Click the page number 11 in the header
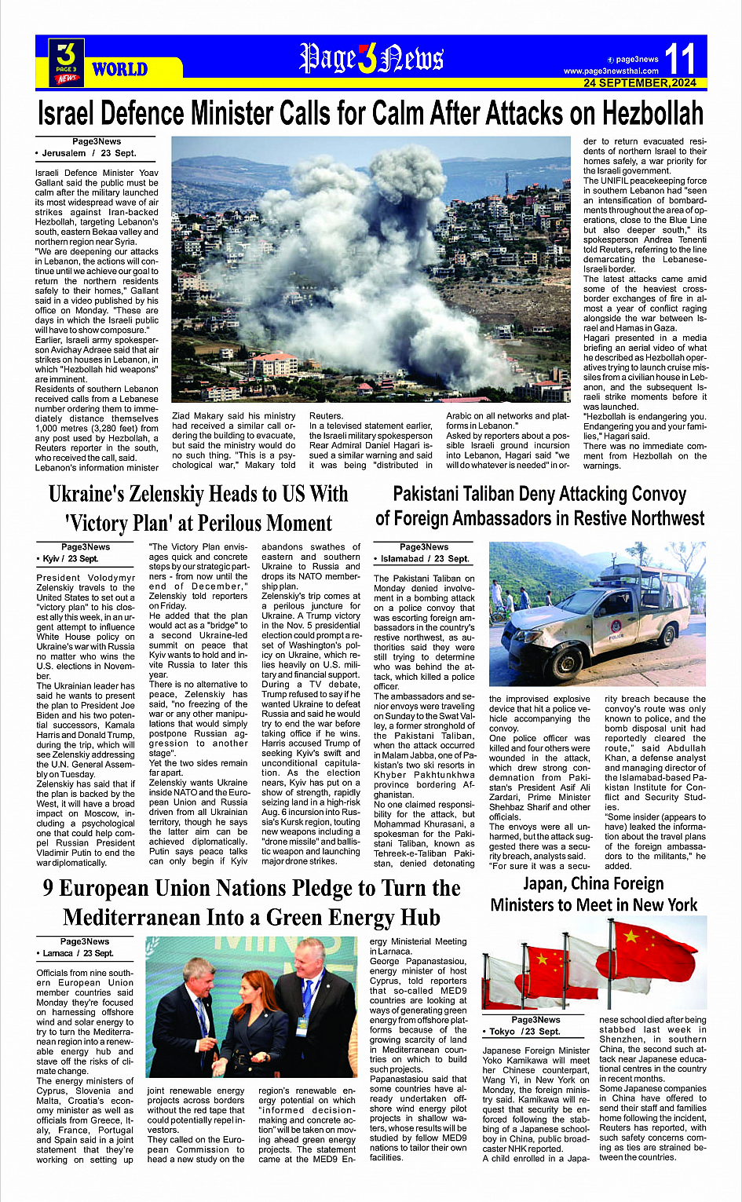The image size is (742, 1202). tap(680, 58)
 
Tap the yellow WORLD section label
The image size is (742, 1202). tap(119, 69)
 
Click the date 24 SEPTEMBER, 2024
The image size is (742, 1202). tap(640, 83)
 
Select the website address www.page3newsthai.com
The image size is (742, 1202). tap(611, 71)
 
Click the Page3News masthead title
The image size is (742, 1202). tap(371, 58)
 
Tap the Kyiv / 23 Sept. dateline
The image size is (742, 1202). tap(70, 558)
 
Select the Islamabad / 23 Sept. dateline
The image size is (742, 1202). tap(425, 558)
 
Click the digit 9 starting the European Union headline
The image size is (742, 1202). tap(49, 888)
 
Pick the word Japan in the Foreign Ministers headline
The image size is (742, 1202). tap(544, 884)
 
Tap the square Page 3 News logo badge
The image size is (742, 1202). tap(66, 62)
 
